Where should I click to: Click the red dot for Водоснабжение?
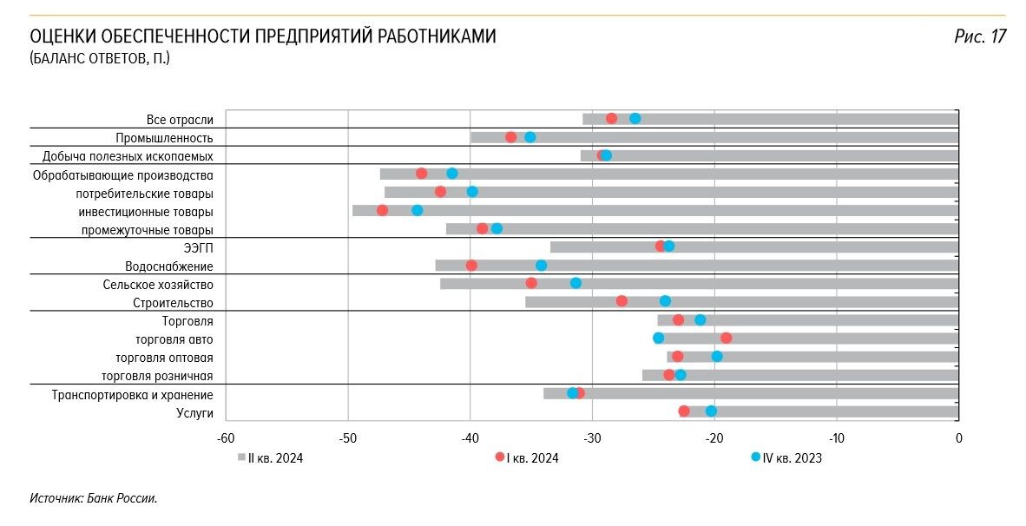[x=471, y=266]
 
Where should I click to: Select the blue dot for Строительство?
[x=665, y=301]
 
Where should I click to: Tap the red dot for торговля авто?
[x=726, y=338]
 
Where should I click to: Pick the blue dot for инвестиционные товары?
[x=418, y=210]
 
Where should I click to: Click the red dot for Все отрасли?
[x=611, y=118]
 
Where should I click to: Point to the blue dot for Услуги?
[x=711, y=411]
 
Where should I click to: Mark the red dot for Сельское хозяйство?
[x=531, y=283]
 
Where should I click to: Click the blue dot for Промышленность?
[x=529, y=137]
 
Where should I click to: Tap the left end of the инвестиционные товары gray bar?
[x=353, y=210]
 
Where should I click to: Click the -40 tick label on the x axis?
[x=470, y=438]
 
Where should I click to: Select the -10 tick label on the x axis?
[x=836, y=438]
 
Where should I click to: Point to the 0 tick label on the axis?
[x=958, y=438]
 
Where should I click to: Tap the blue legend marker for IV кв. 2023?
[x=755, y=457]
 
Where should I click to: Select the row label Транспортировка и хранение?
[x=132, y=395]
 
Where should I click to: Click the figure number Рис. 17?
[x=979, y=36]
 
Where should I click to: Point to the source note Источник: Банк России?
[x=93, y=498]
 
